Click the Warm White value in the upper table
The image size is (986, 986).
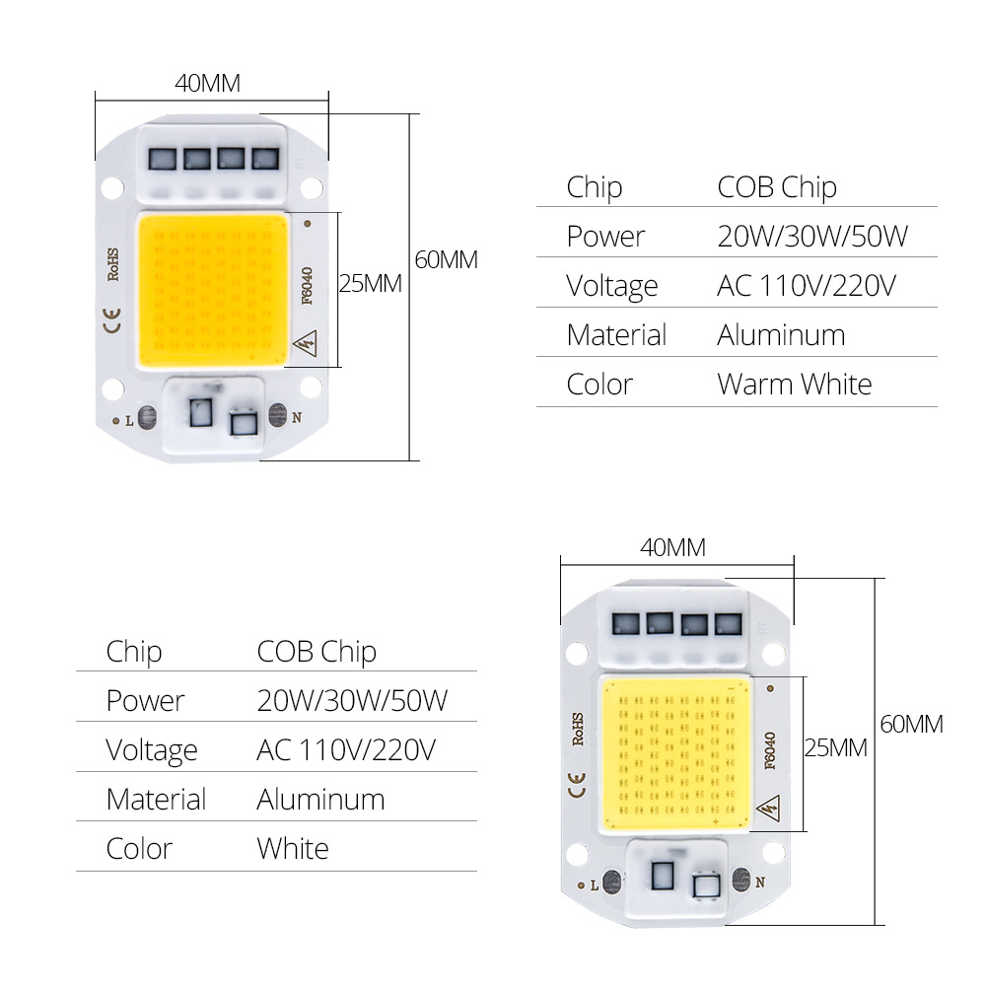pyautogui.click(x=794, y=384)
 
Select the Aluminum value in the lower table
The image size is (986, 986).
pyautogui.click(x=320, y=799)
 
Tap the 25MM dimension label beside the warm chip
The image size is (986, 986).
pyautogui.click(x=370, y=284)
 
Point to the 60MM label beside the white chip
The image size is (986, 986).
pyautogui.click(x=911, y=724)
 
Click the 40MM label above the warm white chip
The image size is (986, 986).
pyautogui.click(x=207, y=83)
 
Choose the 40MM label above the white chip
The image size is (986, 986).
pyautogui.click(x=672, y=548)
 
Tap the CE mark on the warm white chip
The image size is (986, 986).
pyautogui.click(x=112, y=317)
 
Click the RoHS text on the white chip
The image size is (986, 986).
pyautogui.click(x=579, y=730)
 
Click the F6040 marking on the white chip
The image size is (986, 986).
pyautogui.click(x=770, y=749)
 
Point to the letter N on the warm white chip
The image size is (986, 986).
pyautogui.click(x=296, y=418)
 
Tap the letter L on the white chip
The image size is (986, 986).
pyautogui.click(x=594, y=884)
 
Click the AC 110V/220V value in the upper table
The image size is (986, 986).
pyautogui.click(x=806, y=285)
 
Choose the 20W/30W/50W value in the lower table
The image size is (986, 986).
pyautogui.click(x=352, y=700)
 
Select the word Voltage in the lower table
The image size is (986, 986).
pyautogui.click(x=152, y=749)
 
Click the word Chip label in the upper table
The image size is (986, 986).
pyautogui.click(x=594, y=186)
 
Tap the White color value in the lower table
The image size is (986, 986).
pyautogui.click(x=292, y=848)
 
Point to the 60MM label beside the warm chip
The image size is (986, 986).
pyautogui.click(x=446, y=260)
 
